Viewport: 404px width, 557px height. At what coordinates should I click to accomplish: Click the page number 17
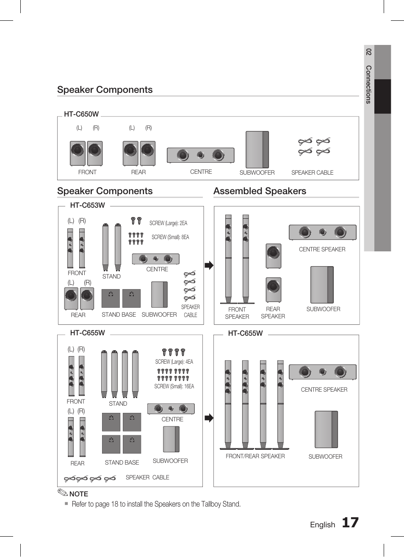pos(350,523)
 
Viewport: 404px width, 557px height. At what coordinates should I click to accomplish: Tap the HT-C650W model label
pos(81,114)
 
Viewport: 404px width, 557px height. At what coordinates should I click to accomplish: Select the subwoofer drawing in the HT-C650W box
pos(257,150)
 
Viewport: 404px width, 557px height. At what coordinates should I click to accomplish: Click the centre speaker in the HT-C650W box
pos(200,155)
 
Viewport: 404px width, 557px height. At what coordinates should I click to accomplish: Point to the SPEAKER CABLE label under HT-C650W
pos(312,173)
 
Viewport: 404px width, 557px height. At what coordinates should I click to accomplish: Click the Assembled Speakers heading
pos(260,191)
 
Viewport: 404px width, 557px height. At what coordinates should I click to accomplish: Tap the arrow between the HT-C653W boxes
pos(209,265)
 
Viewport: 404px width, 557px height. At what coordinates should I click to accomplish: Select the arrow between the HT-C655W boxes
pos(209,418)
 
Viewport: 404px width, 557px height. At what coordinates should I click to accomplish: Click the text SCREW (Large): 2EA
pos(168,223)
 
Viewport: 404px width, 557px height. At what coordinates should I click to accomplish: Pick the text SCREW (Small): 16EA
pos(174,386)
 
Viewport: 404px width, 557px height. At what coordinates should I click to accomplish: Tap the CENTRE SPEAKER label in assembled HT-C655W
pos(324,390)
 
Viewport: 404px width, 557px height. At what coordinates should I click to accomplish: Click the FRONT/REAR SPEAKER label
pos(255,456)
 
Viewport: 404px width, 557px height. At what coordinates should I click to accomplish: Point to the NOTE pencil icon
pos(62,493)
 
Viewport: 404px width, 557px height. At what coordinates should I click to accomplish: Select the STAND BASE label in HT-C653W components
pos(119,315)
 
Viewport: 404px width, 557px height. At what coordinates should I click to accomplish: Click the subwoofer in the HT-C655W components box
pos(171,439)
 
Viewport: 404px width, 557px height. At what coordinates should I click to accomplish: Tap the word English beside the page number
pos(322,525)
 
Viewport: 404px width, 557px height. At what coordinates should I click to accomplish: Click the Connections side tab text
pos(368,84)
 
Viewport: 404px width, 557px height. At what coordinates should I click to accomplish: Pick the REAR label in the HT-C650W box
pos(138,172)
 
